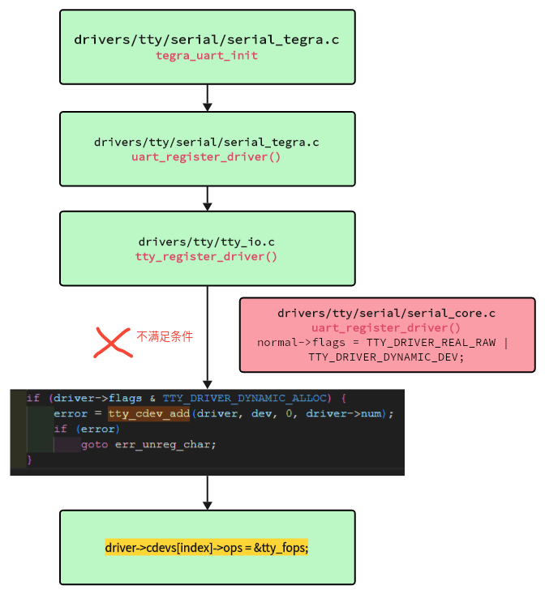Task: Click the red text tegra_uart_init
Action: (207, 55)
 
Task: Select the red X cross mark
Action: (113, 342)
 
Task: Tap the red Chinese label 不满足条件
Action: (165, 336)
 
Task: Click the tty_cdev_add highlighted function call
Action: (148, 413)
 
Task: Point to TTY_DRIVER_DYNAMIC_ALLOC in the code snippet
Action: (247, 398)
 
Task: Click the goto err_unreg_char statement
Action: (148, 444)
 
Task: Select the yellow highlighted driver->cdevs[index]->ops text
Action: (207, 548)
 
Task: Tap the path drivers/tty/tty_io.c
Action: (207, 241)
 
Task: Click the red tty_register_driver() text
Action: (207, 256)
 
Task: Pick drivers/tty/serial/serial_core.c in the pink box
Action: (386, 313)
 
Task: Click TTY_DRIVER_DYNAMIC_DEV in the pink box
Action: (386, 356)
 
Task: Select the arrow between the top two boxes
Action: (208, 97)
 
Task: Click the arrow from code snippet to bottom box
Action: (208, 493)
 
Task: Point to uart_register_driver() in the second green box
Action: (207, 156)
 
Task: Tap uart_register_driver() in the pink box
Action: (386, 327)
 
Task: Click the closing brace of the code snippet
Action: (30, 459)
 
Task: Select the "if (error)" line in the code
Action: (86, 429)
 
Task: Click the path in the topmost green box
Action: (207, 40)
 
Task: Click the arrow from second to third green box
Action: (208, 198)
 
